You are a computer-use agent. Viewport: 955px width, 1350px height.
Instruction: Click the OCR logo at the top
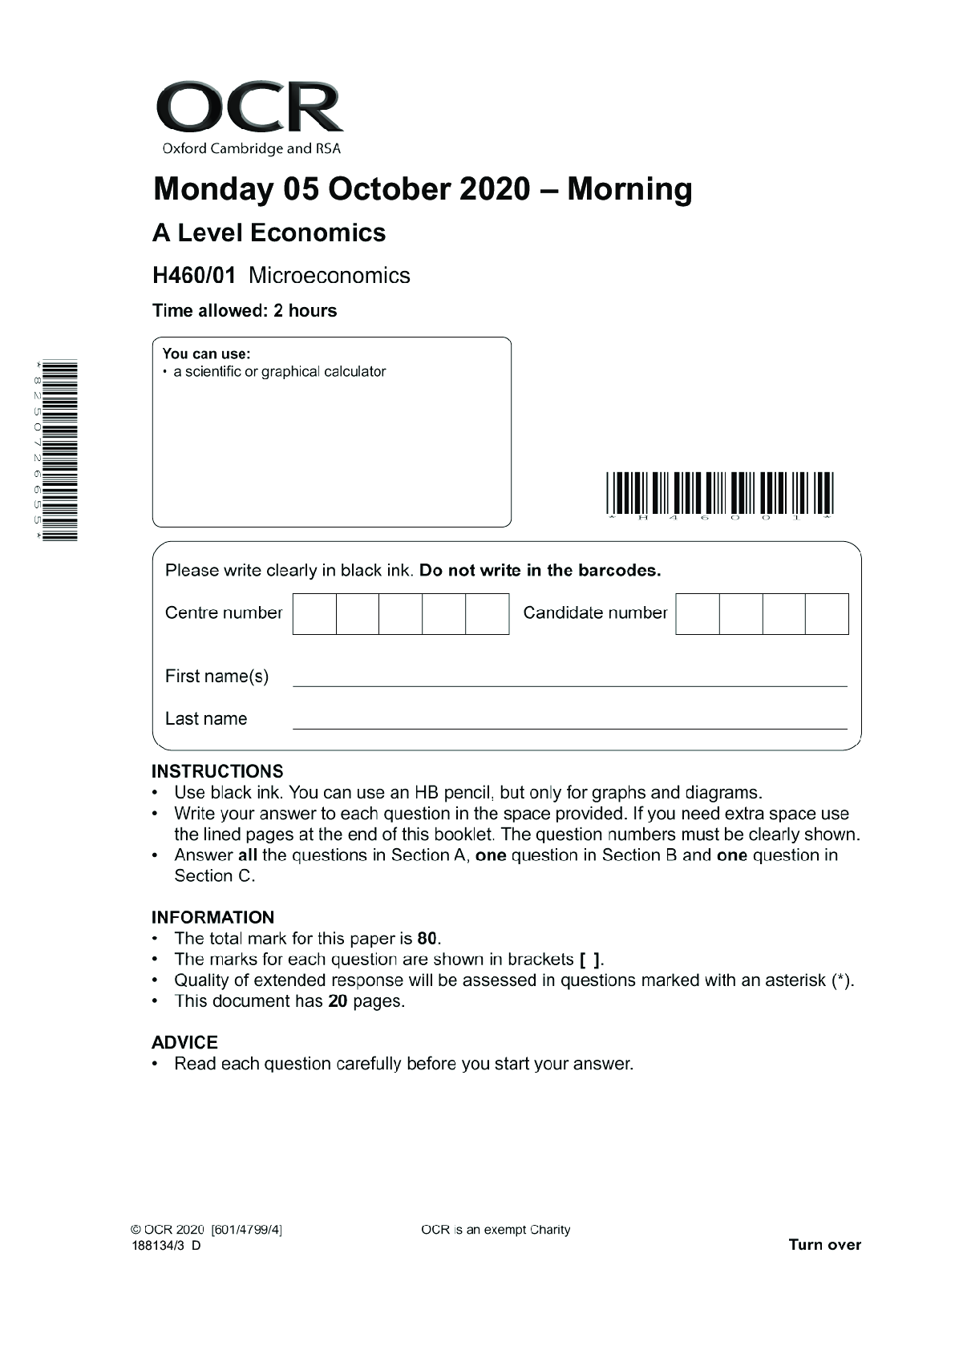tap(249, 116)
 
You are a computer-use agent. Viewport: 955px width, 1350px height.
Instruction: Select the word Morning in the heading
tap(629, 189)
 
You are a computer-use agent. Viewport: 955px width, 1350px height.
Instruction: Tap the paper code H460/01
tap(194, 276)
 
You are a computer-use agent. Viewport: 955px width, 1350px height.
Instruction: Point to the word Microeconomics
tap(329, 276)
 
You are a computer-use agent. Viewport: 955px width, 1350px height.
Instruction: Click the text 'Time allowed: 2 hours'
tap(245, 311)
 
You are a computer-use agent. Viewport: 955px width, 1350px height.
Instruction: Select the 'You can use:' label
tap(206, 354)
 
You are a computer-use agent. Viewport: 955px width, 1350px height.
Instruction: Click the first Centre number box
tap(314, 614)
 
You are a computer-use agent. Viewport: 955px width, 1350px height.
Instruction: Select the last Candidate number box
tap(827, 614)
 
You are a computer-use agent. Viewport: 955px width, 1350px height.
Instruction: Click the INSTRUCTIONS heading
tap(217, 771)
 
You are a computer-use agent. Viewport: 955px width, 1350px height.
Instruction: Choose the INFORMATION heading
tap(212, 917)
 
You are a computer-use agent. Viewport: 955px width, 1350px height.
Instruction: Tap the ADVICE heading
tap(184, 1042)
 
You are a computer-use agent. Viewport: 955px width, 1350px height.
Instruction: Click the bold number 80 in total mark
tap(427, 939)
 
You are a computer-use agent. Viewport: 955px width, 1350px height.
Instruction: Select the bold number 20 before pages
tap(338, 1001)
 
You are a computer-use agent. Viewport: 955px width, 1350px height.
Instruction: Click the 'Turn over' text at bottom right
tap(824, 1245)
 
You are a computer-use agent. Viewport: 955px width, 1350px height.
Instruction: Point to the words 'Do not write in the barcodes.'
tap(540, 571)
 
